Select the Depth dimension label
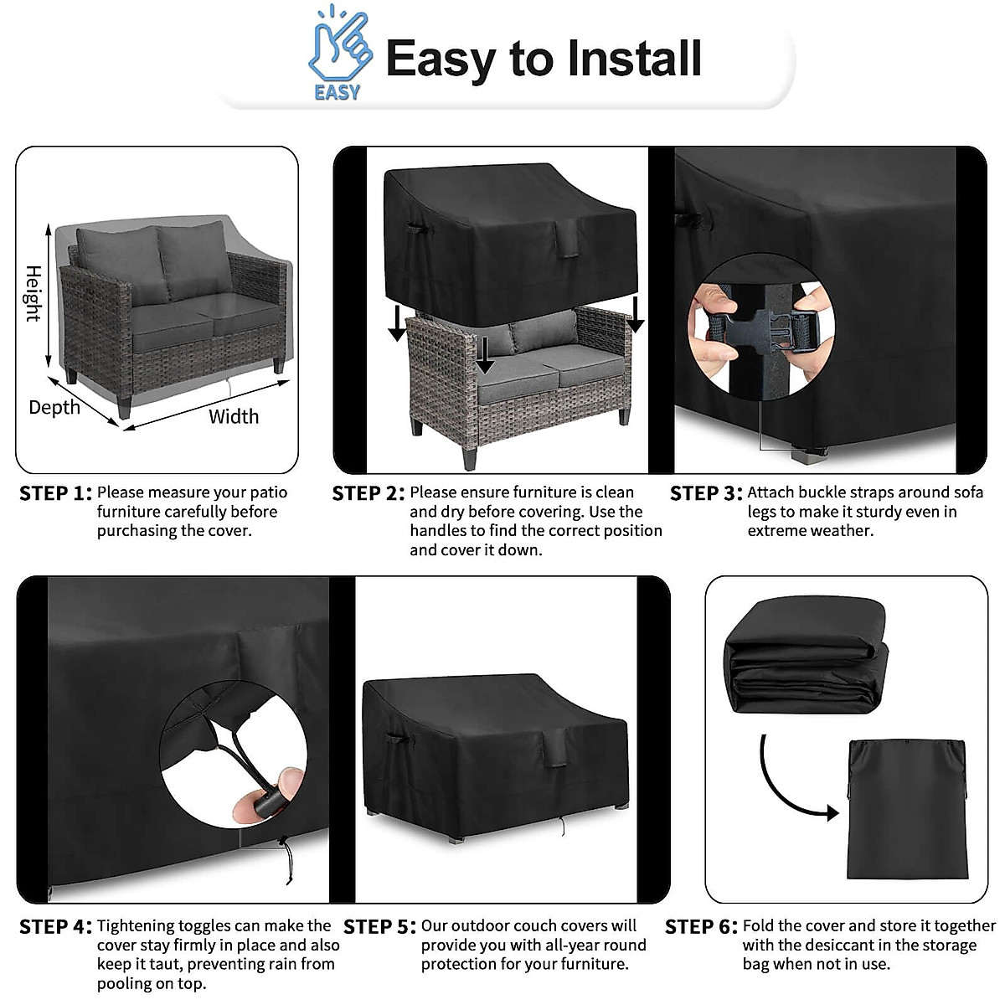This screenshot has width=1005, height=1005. (x=54, y=408)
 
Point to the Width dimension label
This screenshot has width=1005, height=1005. (x=234, y=416)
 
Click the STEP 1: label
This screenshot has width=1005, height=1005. (x=55, y=493)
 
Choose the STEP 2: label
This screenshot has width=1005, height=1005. (x=368, y=493)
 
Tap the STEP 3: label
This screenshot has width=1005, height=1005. (x=706, y=493)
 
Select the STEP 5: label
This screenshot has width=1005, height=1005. (x=379, y=927)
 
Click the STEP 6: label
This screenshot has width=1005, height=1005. (x=701, y=927)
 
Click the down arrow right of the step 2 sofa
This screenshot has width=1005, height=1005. (x=636, y=314)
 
